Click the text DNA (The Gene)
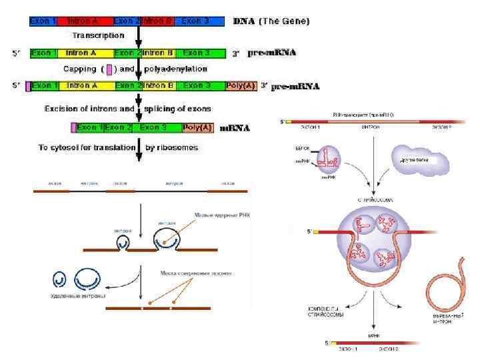(x=271, y=21)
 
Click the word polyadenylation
(x=176, y=69)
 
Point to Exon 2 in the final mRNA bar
(x=119, y=127)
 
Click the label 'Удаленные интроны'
(x=79, y=295)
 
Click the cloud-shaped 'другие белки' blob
(x=419, y=161)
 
